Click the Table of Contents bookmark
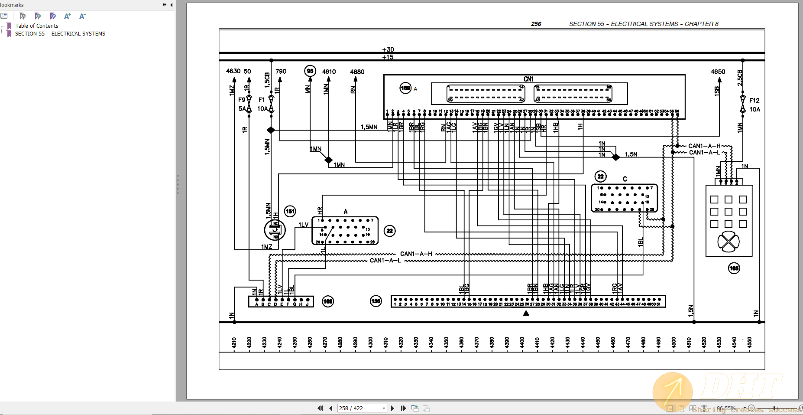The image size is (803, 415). (x=37, y=26)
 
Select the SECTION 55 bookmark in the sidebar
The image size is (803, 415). (x=60, y=34)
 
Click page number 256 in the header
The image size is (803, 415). (x=536, y=24)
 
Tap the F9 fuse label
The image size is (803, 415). (x=242, y=100)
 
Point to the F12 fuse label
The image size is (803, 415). (x=754, y=100)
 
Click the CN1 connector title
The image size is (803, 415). (x=528, y=79)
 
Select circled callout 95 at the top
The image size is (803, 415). (x=310, y=71)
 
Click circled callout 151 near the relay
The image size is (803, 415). (x=290, y=211)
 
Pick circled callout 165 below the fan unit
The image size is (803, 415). (x=734, y=268)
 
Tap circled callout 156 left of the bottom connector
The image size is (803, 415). (x=376, y=301)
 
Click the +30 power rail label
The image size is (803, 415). (x=388, y=49)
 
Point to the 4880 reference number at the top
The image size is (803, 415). (x=357, y=72)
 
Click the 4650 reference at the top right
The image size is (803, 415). (x=718, y=72)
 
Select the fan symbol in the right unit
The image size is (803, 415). (x=729, y=242)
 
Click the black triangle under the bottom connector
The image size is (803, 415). (x=526, y=313)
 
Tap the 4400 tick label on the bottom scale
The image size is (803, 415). (x=522, y=343)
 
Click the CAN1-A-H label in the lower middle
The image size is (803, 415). (x=416, y=254)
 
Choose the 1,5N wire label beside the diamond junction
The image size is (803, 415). (x=631, y=154)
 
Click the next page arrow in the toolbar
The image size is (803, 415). (x=392, y=408)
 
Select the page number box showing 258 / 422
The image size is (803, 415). (x=362, y=408)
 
